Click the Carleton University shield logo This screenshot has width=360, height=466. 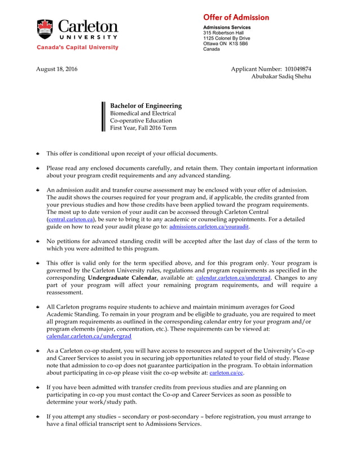45,29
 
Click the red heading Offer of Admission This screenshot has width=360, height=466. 236,17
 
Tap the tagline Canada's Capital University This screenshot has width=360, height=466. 78,47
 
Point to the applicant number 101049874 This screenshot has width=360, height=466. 298,69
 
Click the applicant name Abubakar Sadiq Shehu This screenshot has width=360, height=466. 281,76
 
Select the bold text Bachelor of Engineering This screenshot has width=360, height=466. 146,105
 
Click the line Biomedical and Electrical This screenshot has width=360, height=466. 143,113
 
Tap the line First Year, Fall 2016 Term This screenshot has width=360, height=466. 143,128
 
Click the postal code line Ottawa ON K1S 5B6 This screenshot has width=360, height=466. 225,43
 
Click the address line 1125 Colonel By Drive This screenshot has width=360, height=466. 226,38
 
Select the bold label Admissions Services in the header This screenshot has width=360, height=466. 227,27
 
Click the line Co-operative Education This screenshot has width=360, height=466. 141,120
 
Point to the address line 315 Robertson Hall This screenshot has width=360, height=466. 223,33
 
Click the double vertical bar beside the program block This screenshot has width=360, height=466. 103,116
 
